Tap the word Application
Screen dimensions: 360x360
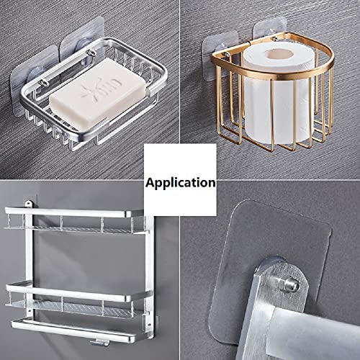(181, 183)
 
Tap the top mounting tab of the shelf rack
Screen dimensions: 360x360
(29, 204)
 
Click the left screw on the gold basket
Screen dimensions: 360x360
(226, 54)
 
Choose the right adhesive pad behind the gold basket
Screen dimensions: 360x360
(270, 30)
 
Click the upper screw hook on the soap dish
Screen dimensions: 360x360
(91, 53)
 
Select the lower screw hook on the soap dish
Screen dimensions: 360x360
(44, 83)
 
